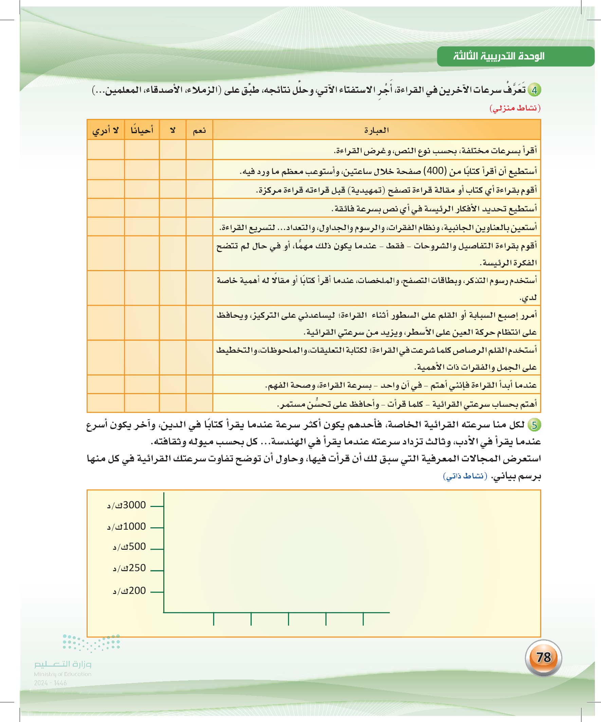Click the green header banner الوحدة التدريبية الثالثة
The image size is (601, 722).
pyautogui.click(x=515, y=56)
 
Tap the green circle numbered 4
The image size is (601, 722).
pyautogui.click(x=534, y=90)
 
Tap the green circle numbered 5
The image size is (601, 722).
pyautogui.click(x=534, y=425)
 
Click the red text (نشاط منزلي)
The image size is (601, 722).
pyautogui.click(x=515, y=108)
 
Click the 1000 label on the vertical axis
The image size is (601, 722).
pyautogui.click(x=127, y=527)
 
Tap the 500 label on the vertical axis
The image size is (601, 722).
pyautogui.click(x=130, y=547)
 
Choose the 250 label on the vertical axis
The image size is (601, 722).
pyautogui.click(x=130, y=568)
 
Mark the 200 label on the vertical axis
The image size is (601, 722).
pyautogui.click(x=130, y=591)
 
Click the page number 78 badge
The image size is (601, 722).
pyautogui.click(x=543, y=657)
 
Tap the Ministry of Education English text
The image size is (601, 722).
pyautogui.click(x=62, y=674)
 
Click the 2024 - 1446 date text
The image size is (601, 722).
pyautogui.click(x=50, y=683)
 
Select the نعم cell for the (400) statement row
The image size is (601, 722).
pyautogui.click(x=199, y=170)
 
